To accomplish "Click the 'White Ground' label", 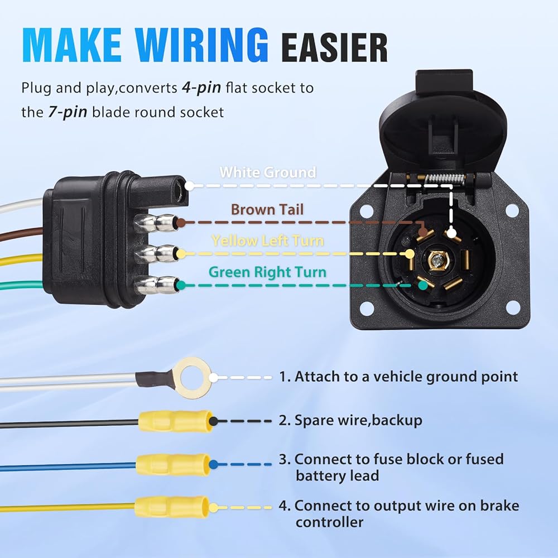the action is click(x=268, y=172).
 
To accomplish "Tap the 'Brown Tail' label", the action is click(x=267, y=209).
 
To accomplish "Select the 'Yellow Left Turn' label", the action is click(x=267, y=240).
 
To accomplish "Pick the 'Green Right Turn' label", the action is click(x=267, y=272).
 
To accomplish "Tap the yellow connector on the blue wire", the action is click(x=174, y=463).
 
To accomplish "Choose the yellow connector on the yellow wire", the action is click(x=172, y=507).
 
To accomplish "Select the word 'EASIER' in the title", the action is click(x=334, y=48).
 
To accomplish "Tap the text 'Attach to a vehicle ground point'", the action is click(x=406, y=377).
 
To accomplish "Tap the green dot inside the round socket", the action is click(x=423, y=285).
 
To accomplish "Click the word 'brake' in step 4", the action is click(x=498, y=506).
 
